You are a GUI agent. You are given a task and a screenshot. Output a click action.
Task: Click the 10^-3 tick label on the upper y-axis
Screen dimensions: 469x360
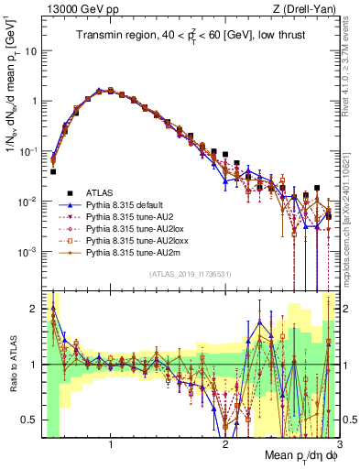tap(27, 251)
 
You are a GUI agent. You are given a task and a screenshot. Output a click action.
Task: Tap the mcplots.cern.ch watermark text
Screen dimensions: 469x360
tap(352, 211)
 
